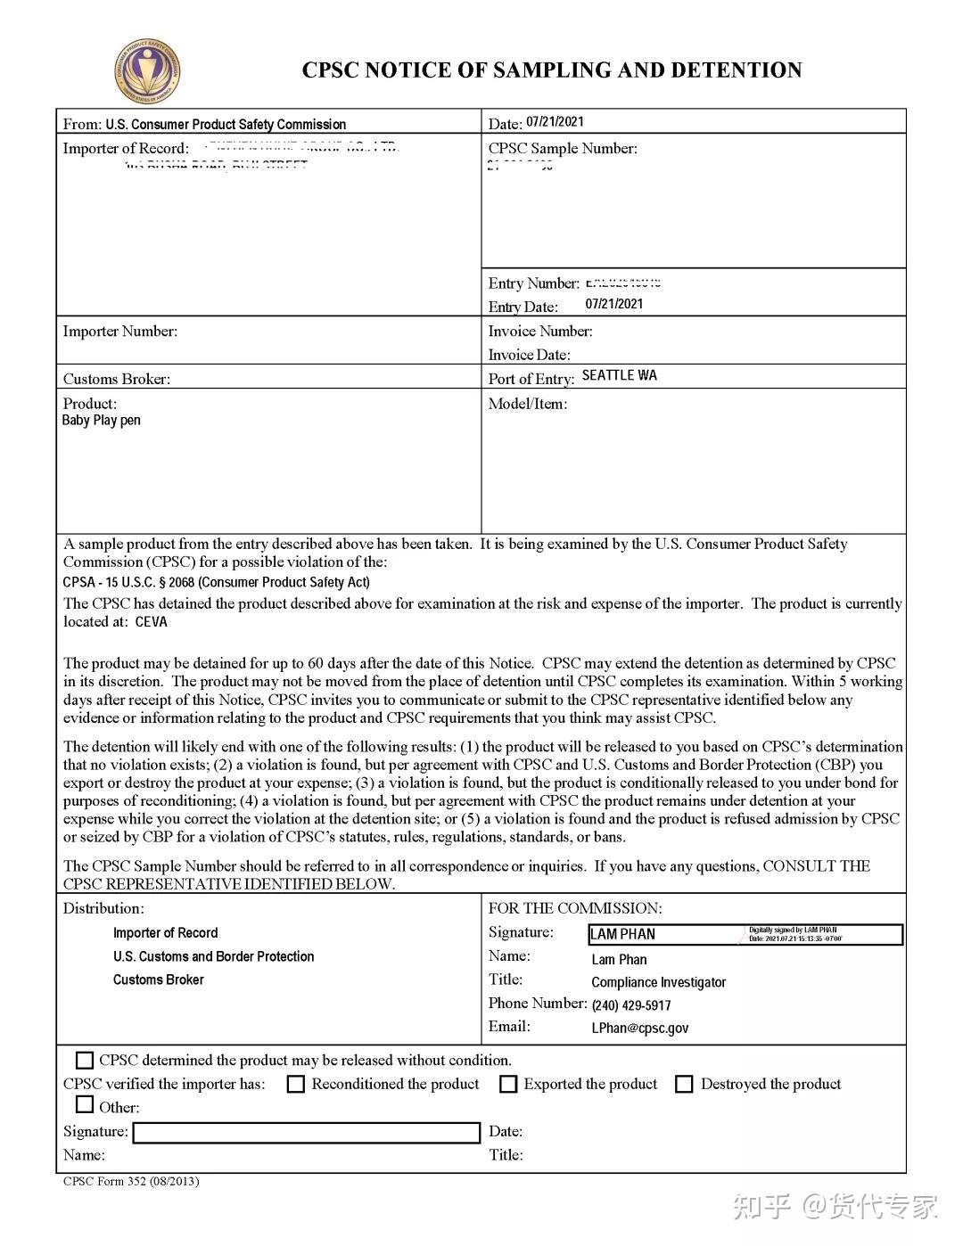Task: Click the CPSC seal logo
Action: [x=148, y=71]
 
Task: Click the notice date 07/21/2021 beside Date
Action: [x=555, y=122]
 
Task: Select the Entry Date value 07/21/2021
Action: [x=613, y=304]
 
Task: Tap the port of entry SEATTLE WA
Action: [x=619, y=375]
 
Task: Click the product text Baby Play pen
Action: [x=101, y=421]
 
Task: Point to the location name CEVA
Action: [x=151, y=622]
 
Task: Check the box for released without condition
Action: [x=85, y=1061]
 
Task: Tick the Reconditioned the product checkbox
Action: [x=296, y=1085]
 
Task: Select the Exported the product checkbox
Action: [x=508, y=1085]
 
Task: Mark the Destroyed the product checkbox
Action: [x=684, y=1085]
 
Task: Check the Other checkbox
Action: [x=85, y=1105]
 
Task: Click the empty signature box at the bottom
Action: [x=306, y=1133]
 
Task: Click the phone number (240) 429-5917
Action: [x=630, y=1005]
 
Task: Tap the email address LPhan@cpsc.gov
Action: [x=639, y=1029]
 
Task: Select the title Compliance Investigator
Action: [x=658, y=982]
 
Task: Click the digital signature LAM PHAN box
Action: [x=745, y=934]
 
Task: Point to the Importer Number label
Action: [x=119, y=332]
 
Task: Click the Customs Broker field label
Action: [x=116, y=379]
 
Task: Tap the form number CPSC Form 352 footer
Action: [x=131, y=1182]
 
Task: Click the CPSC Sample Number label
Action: [x=562, y=149]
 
